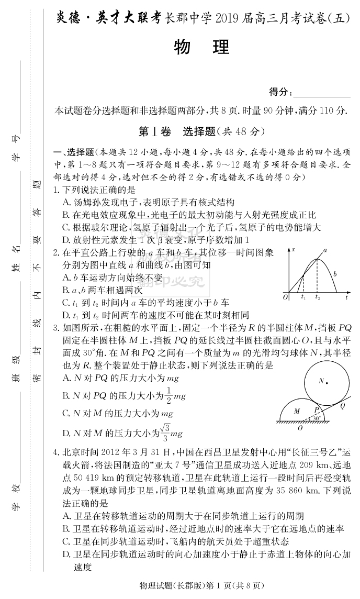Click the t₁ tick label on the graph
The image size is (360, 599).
click(303, 297)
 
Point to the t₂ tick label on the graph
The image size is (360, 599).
click(318, 297)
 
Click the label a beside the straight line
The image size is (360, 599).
click(325, 251)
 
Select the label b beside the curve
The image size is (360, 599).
click(335, 274)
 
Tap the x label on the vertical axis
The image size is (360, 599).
click(294, 249)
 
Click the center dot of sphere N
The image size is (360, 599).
click(327, 383)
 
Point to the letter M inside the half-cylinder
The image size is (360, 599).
click(297, 411)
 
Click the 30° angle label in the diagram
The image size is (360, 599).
click(316, 419)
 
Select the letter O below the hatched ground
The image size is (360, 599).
click(300, 428)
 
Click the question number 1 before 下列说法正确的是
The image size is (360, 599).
click(56, 190)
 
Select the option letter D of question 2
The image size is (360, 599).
click(65, 315)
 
